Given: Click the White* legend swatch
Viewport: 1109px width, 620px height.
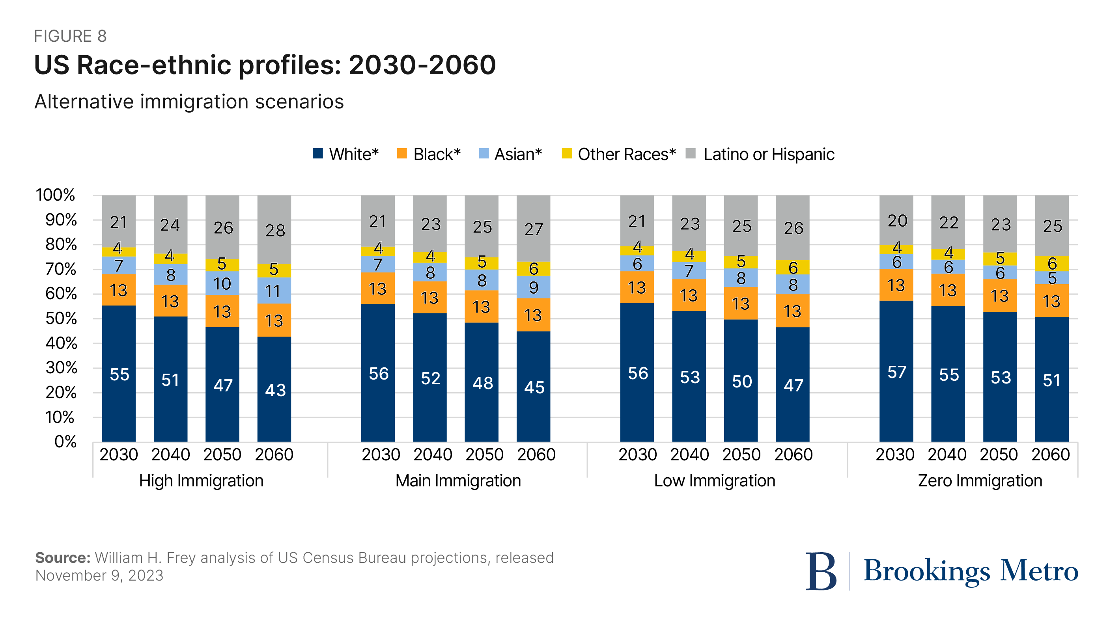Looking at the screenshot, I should pyautogui.click(x=318, y=154).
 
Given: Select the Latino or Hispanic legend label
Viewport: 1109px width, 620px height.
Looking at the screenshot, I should pyautogui.click(x=769, y=154).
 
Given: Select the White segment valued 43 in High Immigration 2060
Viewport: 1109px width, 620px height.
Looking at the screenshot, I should pyautogui.click(x=274, y=389).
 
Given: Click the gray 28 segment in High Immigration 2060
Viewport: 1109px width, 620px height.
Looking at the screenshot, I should pyautogui.click(x=274, y=229).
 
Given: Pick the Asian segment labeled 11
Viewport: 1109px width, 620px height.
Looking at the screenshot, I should pyautogui.click(x=274, y=291).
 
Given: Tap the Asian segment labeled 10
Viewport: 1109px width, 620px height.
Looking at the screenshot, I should pyautogui.click(x=222, y=283).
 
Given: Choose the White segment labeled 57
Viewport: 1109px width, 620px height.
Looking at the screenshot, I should pyautogui.click(x=896, y=371).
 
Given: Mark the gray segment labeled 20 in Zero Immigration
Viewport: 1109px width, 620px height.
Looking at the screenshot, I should pyautogui.click(x=896, y=220).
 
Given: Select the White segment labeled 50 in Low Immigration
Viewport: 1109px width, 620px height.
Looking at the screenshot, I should pyautogui.click(x=741, y=381).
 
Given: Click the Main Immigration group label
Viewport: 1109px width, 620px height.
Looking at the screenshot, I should pyautogui.click(x=458, y=480).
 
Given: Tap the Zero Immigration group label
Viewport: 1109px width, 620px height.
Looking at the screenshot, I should pyautogui.click(x=980, y=480).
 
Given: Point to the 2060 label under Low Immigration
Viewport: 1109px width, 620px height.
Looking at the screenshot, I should pyautogui.click(x=793, y=454).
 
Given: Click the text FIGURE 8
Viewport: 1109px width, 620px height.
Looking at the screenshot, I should pyautogui.click(x=70, y=36).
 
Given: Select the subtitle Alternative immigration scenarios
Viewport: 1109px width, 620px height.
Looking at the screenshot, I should pyautogui.click(x=189, y=102).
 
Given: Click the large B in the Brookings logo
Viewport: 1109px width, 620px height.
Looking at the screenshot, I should pyautogui.click(x=821, y=571).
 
